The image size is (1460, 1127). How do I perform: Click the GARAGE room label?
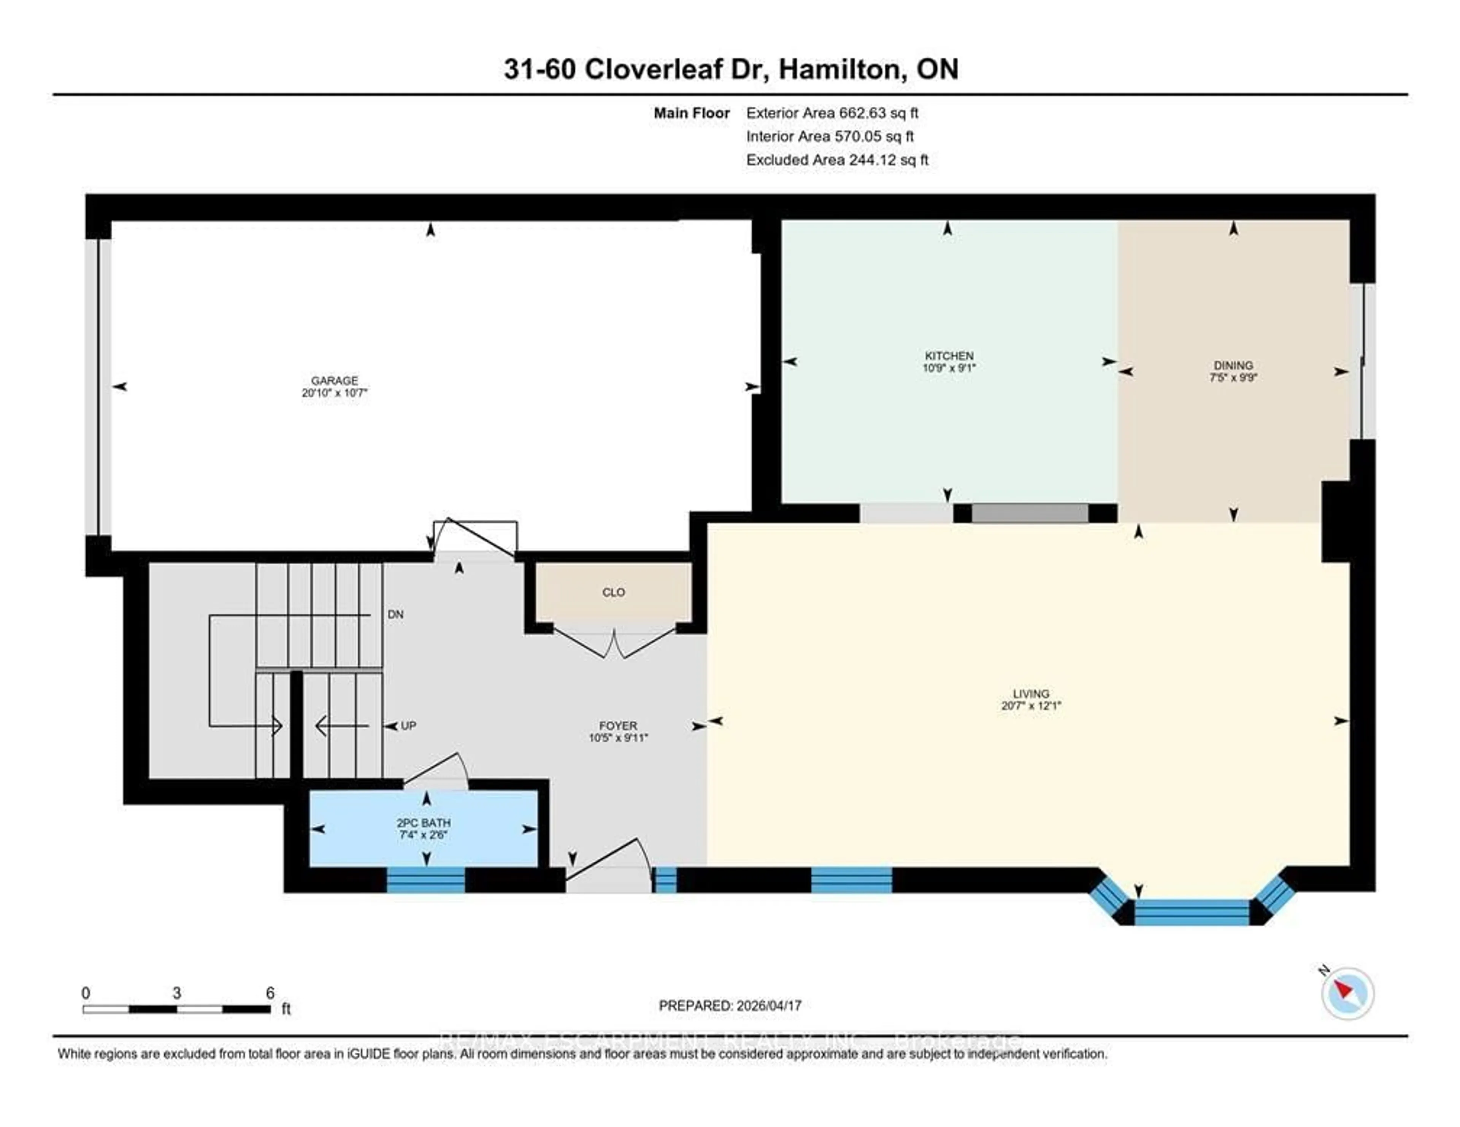[334, 380]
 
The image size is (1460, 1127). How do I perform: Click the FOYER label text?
[618, 725]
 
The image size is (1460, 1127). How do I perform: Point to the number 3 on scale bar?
[176, 993]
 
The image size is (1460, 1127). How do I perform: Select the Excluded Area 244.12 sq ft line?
[837, 160]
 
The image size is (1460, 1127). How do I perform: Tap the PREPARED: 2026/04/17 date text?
[730, 1005]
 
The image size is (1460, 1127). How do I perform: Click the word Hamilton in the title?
[839, 69]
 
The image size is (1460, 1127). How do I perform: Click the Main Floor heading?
[691, 113]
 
